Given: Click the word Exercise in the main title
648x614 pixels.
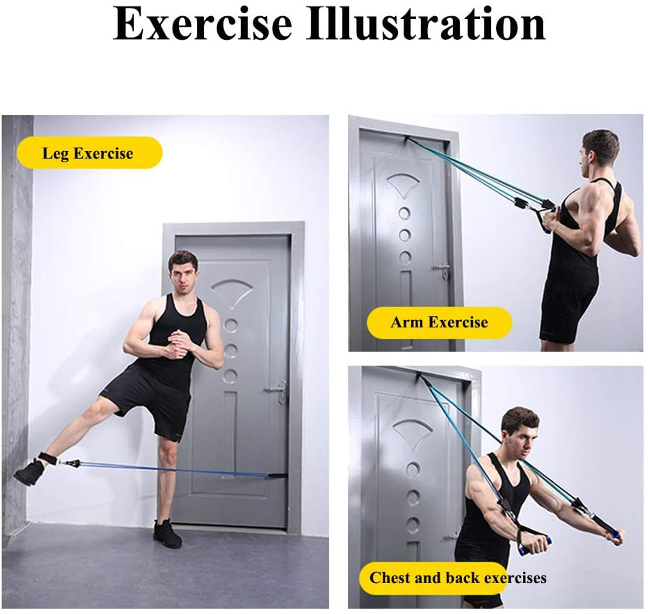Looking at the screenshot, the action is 202,24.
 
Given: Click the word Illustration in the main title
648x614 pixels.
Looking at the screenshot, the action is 426,24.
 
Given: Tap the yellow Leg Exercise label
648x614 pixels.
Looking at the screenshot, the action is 89,153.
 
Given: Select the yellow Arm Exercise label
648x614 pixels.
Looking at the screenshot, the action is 439,322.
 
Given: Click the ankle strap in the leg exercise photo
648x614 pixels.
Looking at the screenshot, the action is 47,458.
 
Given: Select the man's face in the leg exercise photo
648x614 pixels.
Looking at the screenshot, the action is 181,276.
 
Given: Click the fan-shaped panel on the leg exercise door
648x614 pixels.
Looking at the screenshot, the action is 232,291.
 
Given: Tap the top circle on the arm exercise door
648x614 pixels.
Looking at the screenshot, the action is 404,213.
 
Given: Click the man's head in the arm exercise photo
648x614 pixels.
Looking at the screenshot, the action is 600,153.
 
